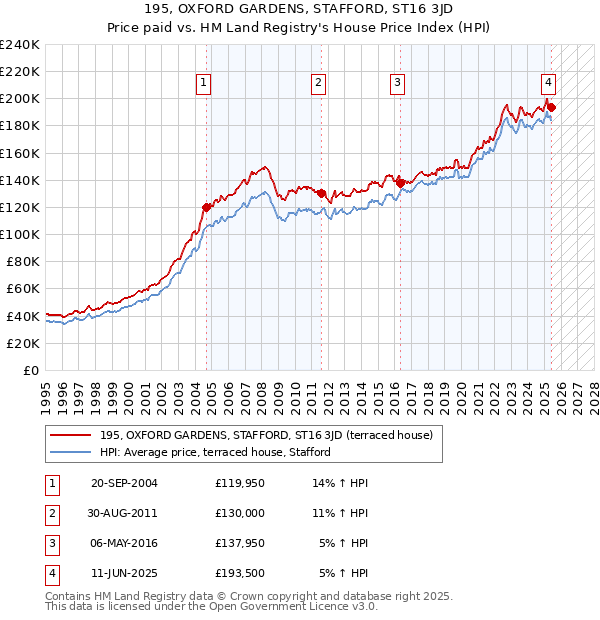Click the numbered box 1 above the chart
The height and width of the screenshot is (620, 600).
click(203, 83)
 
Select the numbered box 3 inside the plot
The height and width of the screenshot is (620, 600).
click(397, 83)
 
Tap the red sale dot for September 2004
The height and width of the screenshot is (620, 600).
click(207, 208)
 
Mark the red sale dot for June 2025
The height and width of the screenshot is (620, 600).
click(551, 107)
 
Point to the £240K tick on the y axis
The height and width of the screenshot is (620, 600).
click(20, 45)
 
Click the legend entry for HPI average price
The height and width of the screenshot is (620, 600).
click(214, 452)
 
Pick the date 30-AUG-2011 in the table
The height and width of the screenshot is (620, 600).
click(124, 514)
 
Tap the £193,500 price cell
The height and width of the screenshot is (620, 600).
click(241, 574)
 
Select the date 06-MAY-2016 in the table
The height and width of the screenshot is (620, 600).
click(124, 544)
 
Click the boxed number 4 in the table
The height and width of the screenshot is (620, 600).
click(50, 574)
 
